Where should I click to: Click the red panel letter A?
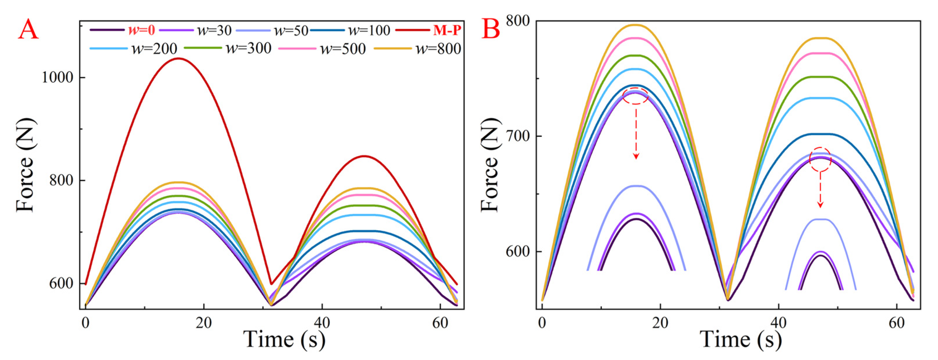click(x=28, y=30)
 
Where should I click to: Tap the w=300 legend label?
click(x=249, y=48)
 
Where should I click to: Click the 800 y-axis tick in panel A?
click(x=61, y=181)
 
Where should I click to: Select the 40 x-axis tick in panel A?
click(x=322, y=323)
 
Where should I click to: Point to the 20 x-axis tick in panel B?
click(x=660, y=323)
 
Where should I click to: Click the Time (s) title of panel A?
click(x=284, y=339)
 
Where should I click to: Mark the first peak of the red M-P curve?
click(x=178, y=58)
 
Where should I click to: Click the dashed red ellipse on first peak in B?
click(x=635, y=96)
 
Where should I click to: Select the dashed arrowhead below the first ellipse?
click(x=636, y=156)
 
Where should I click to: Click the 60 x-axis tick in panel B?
click(x=896, y=323)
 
